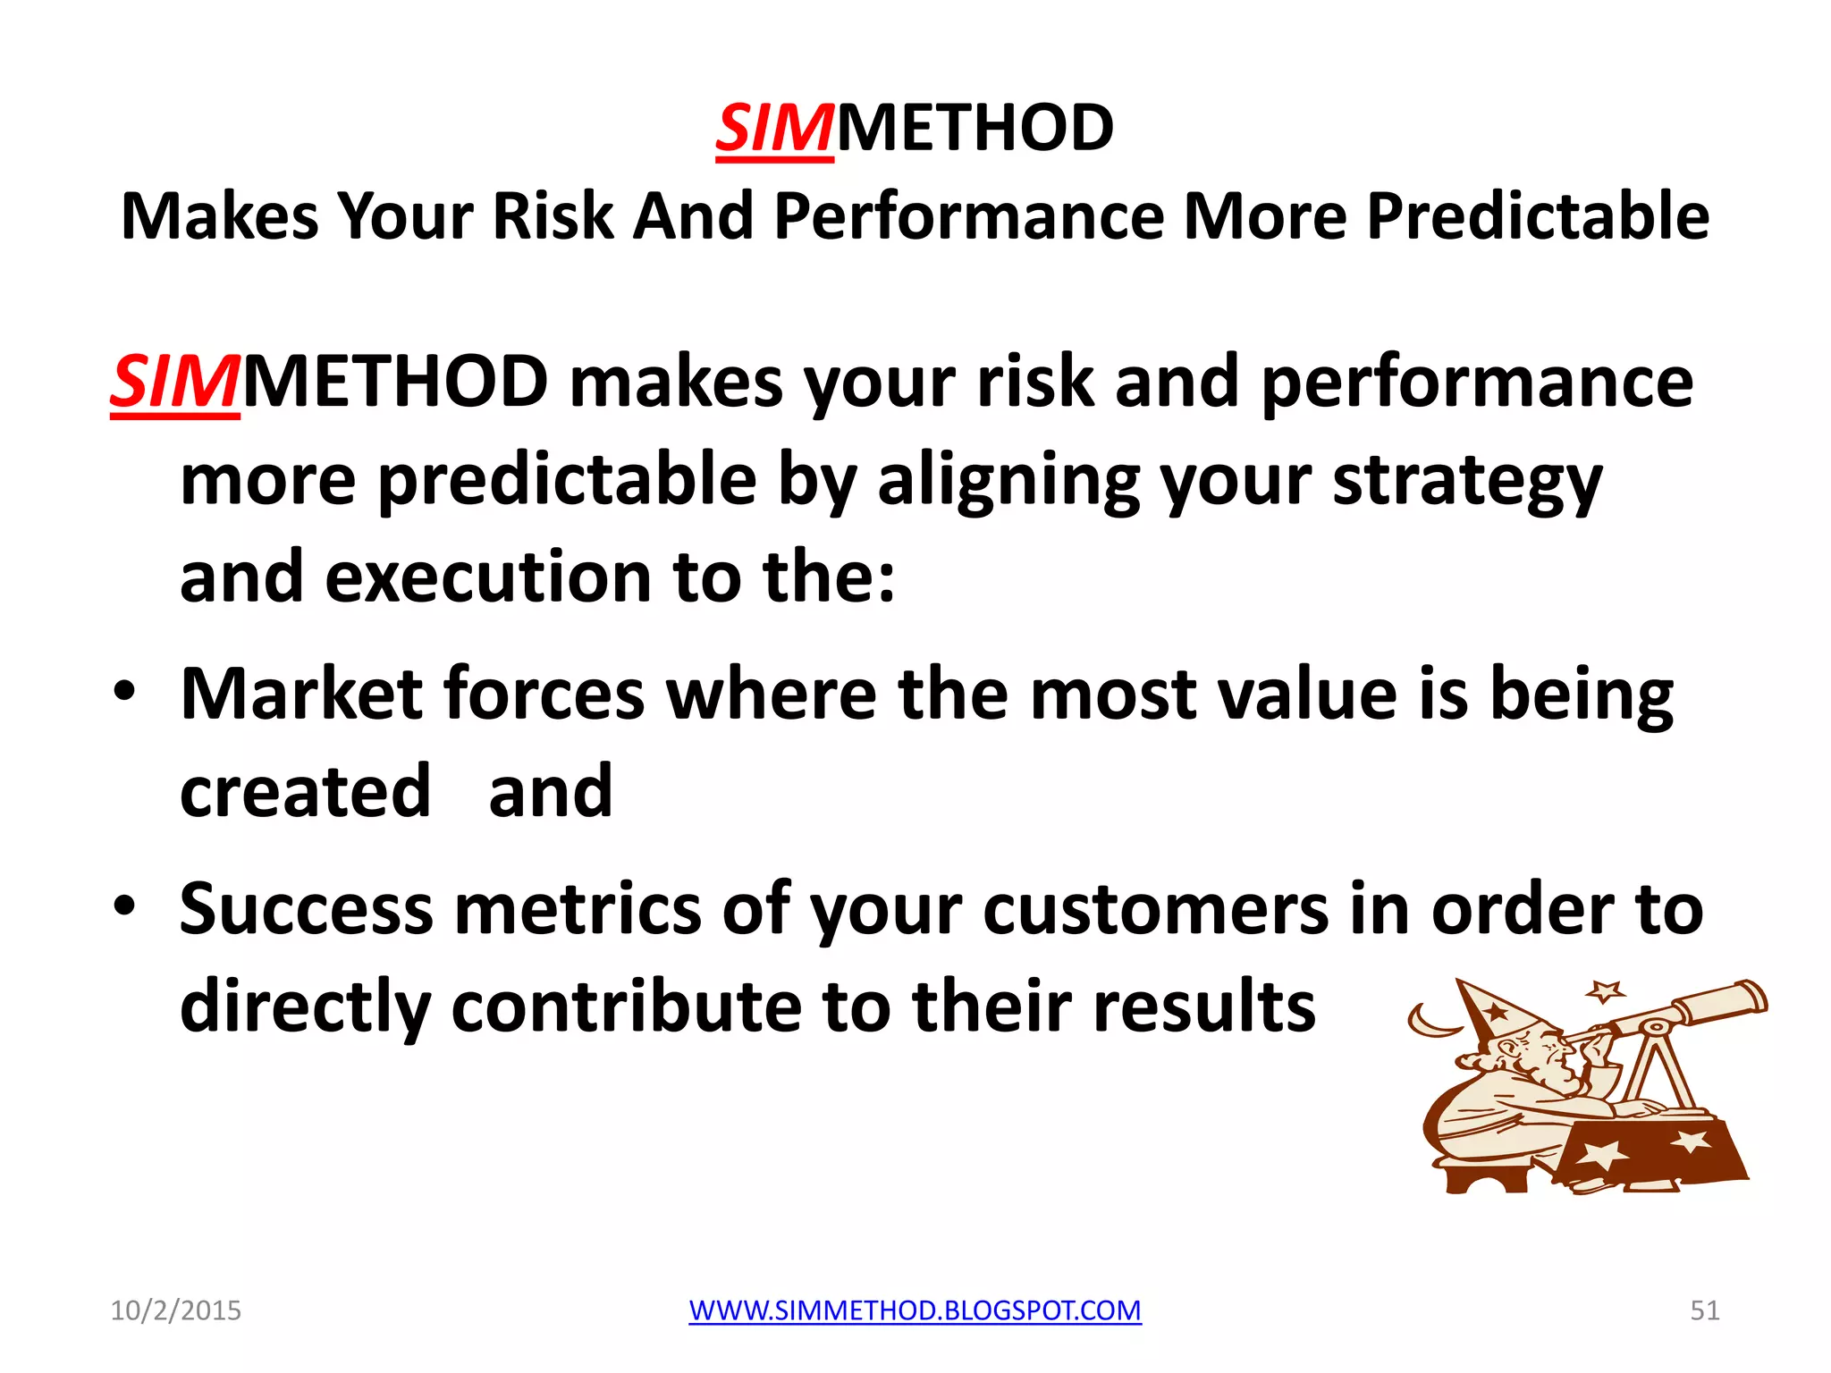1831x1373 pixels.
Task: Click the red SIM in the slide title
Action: pyautogui.click(x=774, y=129)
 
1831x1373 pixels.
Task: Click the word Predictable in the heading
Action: pyautogui.click(x=1538, y=216)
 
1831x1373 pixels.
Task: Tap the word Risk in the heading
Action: pyautogui.click(x=553, y=216)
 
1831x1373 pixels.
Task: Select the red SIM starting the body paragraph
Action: pyautogui.click(x=175, y=383)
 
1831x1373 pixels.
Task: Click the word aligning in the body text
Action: pyautogui.click(x=1008, y=481)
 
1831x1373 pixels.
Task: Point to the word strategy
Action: pyautogui.click(x=1467, y=481)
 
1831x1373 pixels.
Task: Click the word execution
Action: pyautogui.click(x=488, y=577)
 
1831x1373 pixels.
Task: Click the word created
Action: pyautogui.click(x=305, y=792)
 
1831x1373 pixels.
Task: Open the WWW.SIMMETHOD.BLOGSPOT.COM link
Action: pyautogui.click(x=915, y=1310)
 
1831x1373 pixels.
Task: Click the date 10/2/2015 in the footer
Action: pyautogui.click(x=175, y=1310)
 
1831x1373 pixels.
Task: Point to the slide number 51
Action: pyautogui.click(x=1704, y=1310)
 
